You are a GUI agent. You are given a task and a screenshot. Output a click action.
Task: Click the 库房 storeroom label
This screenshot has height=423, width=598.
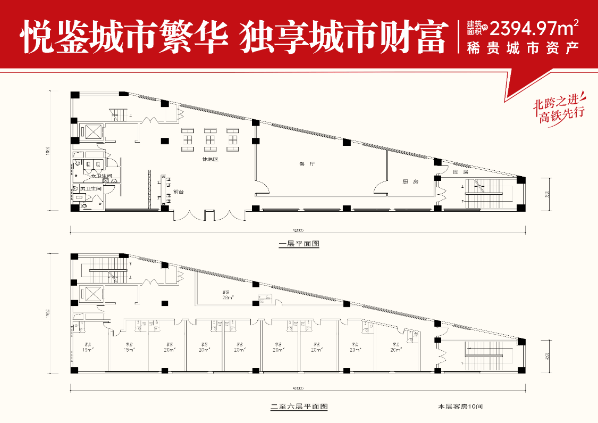[460, 172]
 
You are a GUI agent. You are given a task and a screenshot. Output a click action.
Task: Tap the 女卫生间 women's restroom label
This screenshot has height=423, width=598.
[102, 176]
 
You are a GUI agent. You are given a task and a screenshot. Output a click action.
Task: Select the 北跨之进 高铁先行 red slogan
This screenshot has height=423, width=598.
[558, 109]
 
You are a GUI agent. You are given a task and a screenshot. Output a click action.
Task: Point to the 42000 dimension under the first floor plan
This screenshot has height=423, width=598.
[298, 230]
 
